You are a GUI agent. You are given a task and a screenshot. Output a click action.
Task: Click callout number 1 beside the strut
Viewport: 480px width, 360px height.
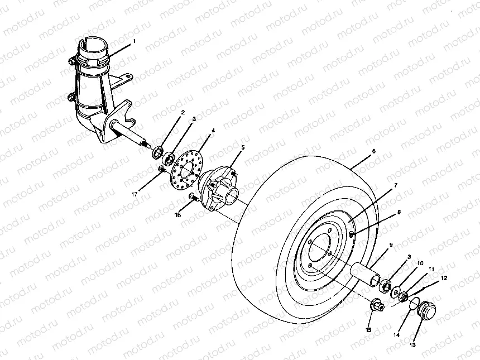[x=134, y=41]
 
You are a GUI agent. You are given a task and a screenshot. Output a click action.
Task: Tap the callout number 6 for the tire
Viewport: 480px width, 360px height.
[x=373, y=151]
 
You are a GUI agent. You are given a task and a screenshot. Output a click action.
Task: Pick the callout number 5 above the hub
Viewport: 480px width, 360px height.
[x=243, y=147]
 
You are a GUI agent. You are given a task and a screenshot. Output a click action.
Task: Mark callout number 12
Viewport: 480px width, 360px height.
[x=444, y=277]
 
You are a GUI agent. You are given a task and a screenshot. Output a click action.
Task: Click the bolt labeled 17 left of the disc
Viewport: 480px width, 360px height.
[x=160, y=169]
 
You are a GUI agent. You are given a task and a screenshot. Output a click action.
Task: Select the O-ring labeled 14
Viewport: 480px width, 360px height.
[x=414, y=303]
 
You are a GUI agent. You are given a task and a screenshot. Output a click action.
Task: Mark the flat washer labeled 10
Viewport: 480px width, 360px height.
[x=395, y=291]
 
